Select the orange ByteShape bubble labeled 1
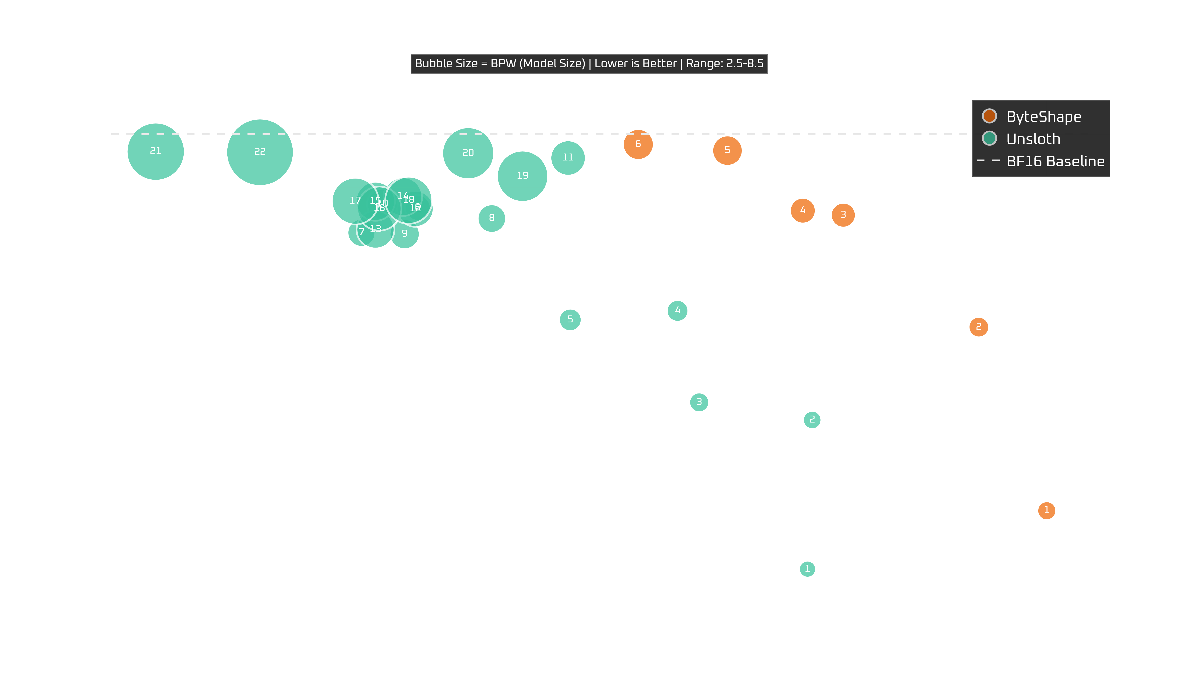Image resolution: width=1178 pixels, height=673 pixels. pyautogui.click(x=1046, y=510)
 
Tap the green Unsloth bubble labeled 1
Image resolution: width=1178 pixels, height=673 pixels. pyautogui.click(x=807, y=568)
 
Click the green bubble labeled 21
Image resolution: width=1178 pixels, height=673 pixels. pyautogui.click(x=156, y=151)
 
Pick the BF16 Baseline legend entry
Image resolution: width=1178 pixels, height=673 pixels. pyautogui.click(x=1055, y=161)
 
